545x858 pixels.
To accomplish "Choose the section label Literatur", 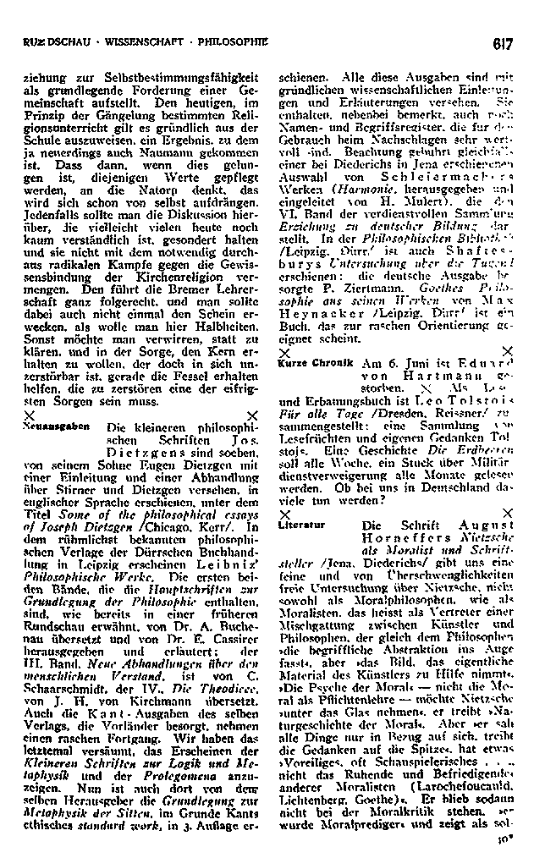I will pos(299,525).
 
